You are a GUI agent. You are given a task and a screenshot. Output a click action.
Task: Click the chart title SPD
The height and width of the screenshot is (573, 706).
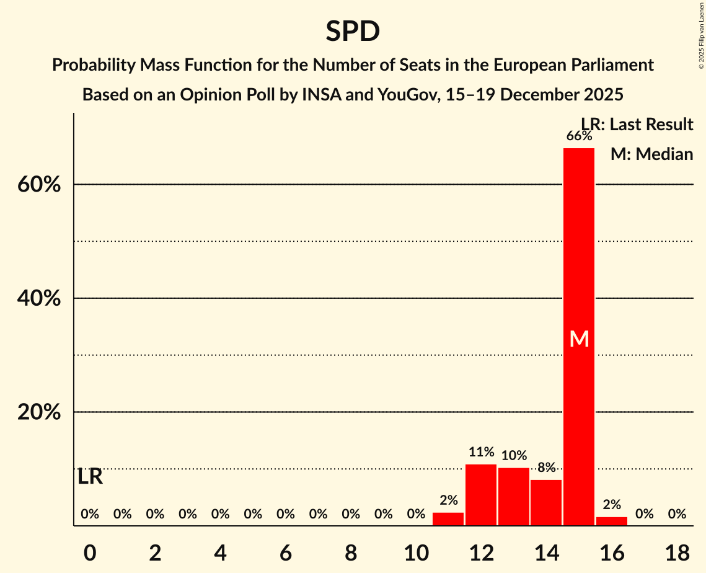[x=353, y=31]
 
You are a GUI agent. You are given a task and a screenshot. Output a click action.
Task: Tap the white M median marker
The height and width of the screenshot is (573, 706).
[x=579, y=339]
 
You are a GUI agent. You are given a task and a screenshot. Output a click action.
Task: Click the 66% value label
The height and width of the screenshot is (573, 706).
[x=579, y=136]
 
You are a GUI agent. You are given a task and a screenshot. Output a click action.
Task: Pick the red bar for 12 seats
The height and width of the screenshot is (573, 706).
[x=481, y=494]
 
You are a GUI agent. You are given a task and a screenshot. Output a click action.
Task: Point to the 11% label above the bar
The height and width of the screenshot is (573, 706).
[x=481, y=452]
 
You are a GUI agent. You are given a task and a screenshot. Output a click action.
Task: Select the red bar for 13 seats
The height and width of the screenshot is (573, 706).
[x=514, y=496]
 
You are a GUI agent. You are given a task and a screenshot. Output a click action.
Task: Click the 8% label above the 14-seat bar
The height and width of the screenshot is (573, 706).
[x=546, y=468]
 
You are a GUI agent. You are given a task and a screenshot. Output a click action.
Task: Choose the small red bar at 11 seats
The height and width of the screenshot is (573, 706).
[x=448, y=518]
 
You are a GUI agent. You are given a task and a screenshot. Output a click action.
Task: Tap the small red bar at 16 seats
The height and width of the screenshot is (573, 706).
[x=612, y=521]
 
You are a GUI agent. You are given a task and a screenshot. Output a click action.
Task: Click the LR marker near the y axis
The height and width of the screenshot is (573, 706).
[x=90, y=477]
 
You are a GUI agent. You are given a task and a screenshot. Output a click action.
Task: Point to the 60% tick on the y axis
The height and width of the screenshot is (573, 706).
[x=39, y=185]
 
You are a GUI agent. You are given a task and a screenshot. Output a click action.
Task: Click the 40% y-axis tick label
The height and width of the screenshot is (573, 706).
[x=39, y=298]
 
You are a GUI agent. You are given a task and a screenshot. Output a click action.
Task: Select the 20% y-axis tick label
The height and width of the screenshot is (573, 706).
[x=39, y=412]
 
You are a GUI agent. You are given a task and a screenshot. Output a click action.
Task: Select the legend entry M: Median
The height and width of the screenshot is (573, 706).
[x=651, y=154]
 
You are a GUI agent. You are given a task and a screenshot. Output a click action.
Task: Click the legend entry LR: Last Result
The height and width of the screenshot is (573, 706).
[x=637, y=125]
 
